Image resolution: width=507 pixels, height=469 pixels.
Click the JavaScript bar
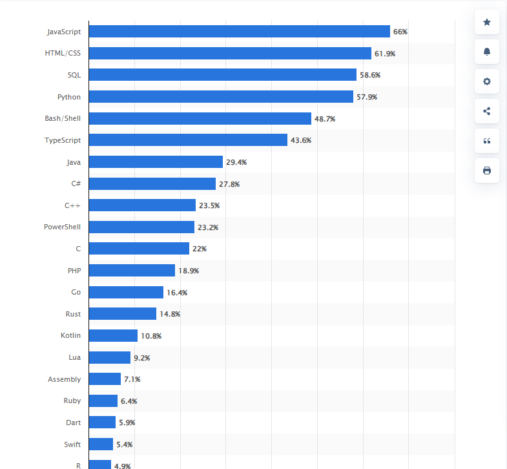[x=239, y=32]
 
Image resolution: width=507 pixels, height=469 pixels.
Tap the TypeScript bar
[x=188, y=140]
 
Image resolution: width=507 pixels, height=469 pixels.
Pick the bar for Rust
[x=122, y=314]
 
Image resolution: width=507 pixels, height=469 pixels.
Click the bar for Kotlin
[x=113, y=336]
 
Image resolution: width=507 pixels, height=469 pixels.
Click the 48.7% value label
[x=325, y=119]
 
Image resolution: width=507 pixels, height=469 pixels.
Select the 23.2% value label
[x=207, y=227]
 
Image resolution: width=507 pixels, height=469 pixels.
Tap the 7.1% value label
[x=132, y=379]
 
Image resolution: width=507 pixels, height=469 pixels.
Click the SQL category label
[x=74, y=75]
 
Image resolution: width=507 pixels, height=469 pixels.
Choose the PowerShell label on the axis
[x=62, y=227]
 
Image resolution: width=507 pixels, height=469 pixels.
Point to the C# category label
[x=76, y=183]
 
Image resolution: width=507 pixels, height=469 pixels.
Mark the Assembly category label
[x=65, y=379]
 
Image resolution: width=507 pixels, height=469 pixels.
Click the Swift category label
[x=72, y=444]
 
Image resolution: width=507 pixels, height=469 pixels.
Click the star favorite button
[x=487, y=23]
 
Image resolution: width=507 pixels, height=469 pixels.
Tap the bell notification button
[x=487, y=52]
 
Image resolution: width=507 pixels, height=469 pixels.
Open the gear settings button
[x=487, y=81]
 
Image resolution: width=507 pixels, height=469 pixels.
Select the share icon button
[x=487, y=111]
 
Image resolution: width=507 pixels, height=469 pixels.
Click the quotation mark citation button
[x=487, y=141]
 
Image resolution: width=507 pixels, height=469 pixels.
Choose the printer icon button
[x=487, y=171]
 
